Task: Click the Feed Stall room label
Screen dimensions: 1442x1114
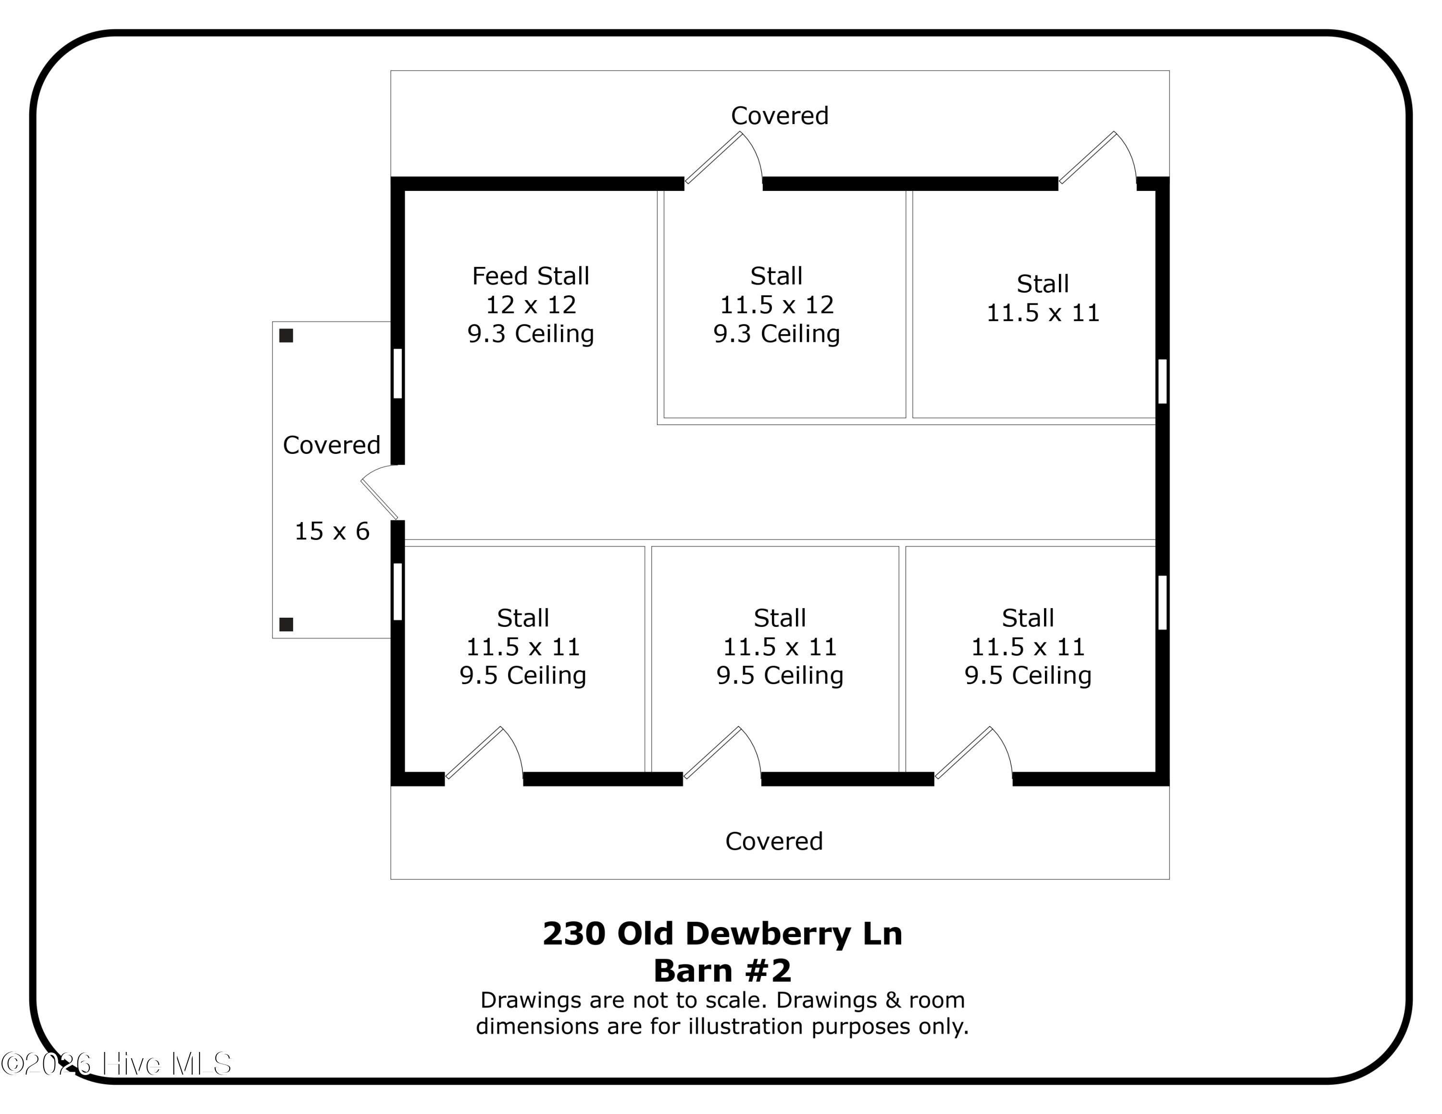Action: (530, 275)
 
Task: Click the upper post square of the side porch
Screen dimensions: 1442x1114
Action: (286, 336)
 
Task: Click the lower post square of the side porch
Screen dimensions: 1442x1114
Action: (286, 624)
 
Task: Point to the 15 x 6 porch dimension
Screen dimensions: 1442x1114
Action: (332, 531)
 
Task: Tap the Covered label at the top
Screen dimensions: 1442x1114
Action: (779, 115)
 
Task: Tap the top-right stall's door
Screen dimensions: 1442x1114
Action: (1098, 159)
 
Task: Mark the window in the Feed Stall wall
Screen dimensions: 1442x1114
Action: (398, 373)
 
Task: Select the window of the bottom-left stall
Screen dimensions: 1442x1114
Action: (398, 591)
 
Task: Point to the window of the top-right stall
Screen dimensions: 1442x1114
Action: (1162, 381)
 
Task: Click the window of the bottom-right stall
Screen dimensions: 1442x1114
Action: (1162, 602)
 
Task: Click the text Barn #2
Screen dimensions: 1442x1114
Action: (722, 971)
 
